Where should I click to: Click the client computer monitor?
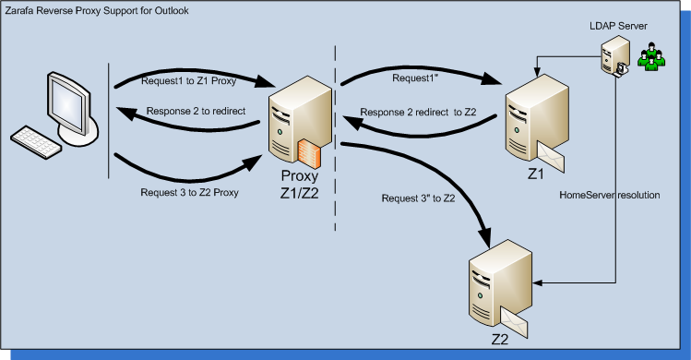pyautogui.click(x=65, y=102)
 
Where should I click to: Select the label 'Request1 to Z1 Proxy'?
pyautogui.click(x=181, y=81)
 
